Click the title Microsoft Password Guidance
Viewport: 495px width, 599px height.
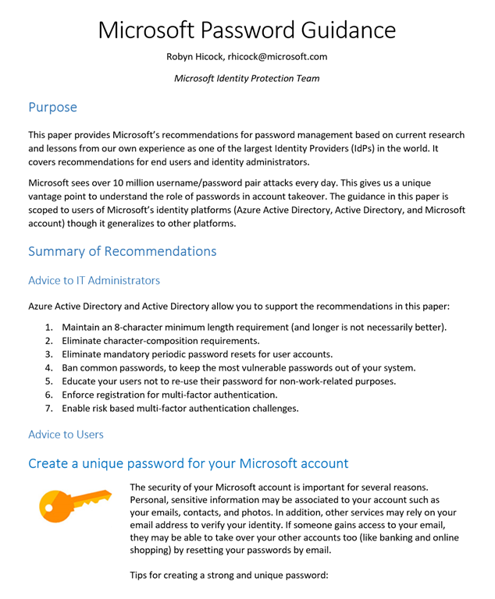(247, 30)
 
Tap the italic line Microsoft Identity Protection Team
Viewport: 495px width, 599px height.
(247, 78)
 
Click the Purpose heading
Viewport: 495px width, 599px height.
(52, 106)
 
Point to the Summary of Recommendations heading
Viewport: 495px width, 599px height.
(122, 251)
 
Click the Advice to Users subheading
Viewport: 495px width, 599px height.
(66, 434)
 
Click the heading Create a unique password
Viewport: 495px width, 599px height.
(188, 463)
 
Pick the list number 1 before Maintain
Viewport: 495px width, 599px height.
(48, 327)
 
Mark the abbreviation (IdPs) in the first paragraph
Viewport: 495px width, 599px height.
(356, 148)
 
